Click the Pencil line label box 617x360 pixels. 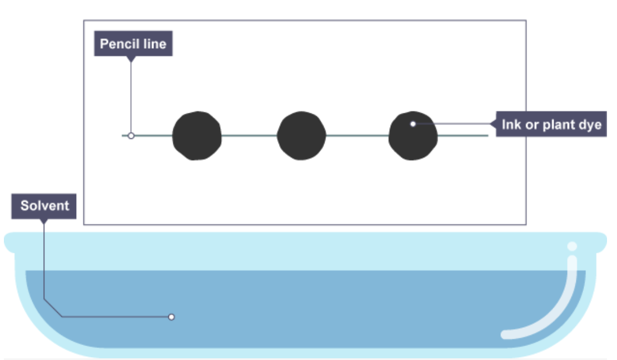pos(133,44)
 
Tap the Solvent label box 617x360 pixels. pos(44,206)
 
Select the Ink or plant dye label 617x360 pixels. pos(551,124)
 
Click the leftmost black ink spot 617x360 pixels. pos(197,136)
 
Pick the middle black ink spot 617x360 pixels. pos(301,136)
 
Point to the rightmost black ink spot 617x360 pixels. pos(413,137)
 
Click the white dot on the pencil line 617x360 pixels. pos(131,135)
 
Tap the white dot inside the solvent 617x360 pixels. pos(171,317)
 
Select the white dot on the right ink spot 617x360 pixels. pos(412,124)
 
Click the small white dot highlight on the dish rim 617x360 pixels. pos(572,246)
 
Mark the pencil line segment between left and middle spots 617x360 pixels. pos(249,135)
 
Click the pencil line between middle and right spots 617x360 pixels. pos(357,135)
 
